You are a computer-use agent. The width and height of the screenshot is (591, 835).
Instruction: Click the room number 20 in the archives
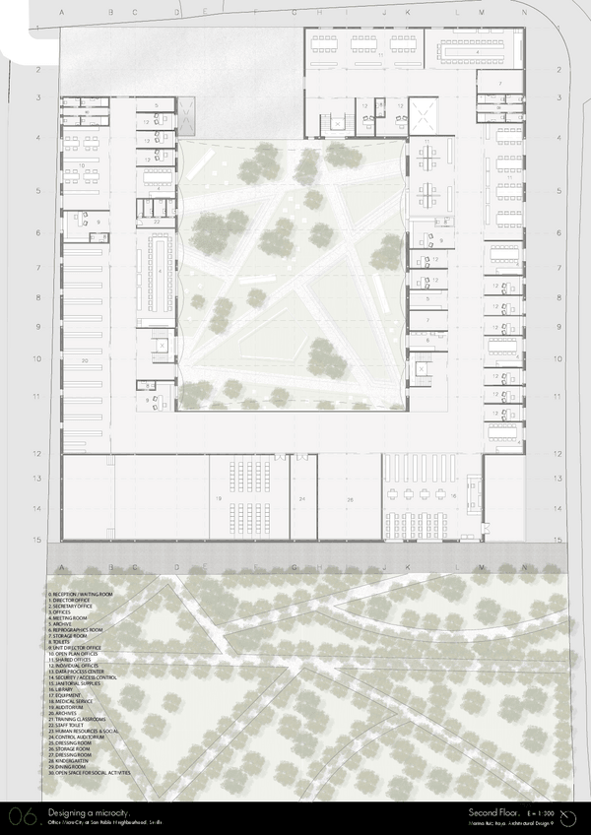point(86,362)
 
